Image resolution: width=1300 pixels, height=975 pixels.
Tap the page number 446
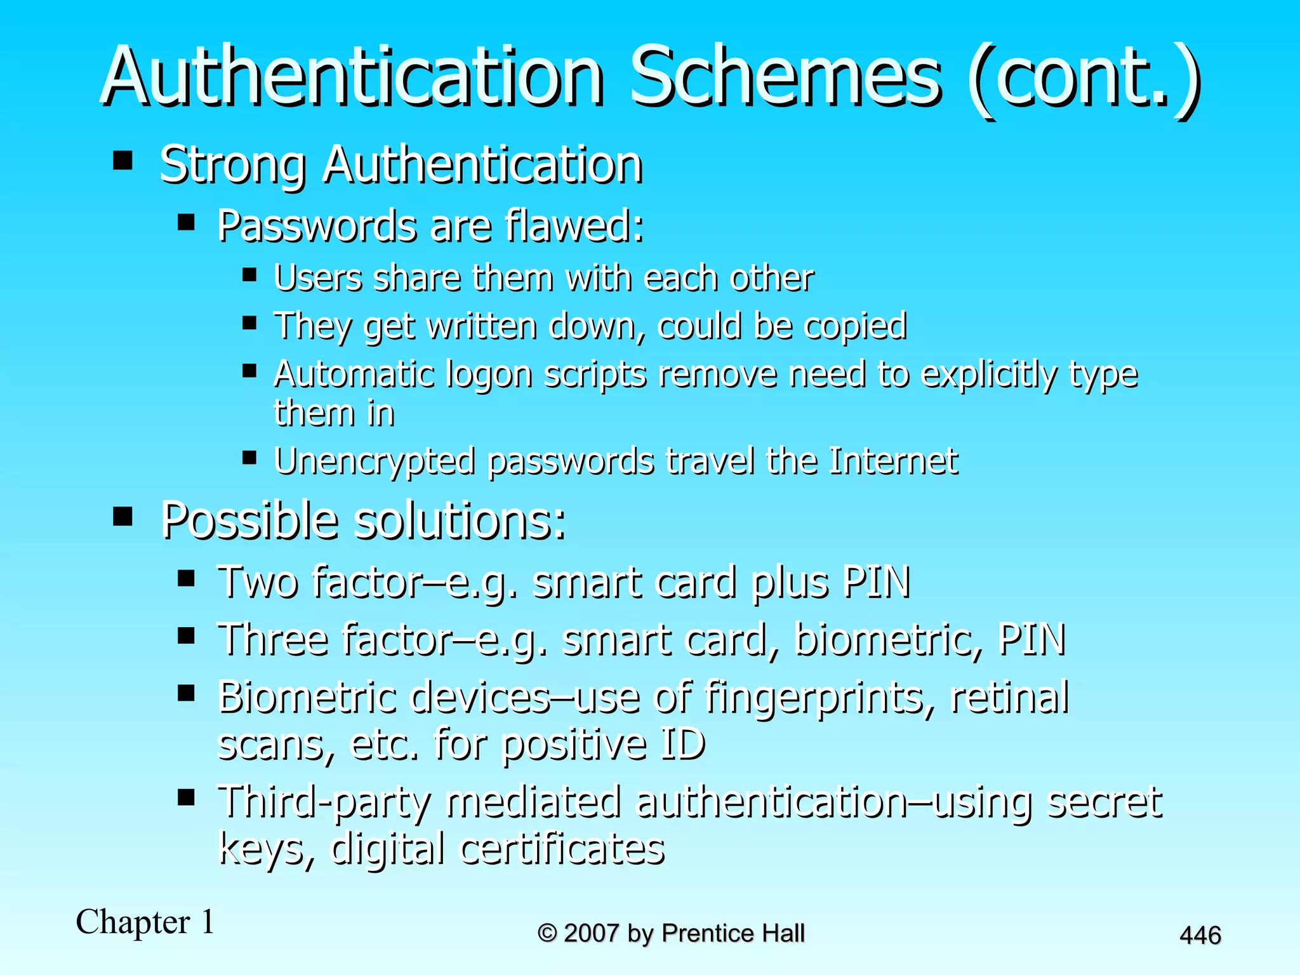[x=1200, y=935]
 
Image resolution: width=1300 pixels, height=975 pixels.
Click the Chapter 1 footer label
[x=145, y=922]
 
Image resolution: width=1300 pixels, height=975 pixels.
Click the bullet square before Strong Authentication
[x=123, y=161]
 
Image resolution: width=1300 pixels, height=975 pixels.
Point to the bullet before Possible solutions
[x=123, y=517]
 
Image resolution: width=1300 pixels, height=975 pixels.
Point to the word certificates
[x=562, y=849]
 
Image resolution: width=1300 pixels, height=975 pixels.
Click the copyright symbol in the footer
[x=547, y=933]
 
